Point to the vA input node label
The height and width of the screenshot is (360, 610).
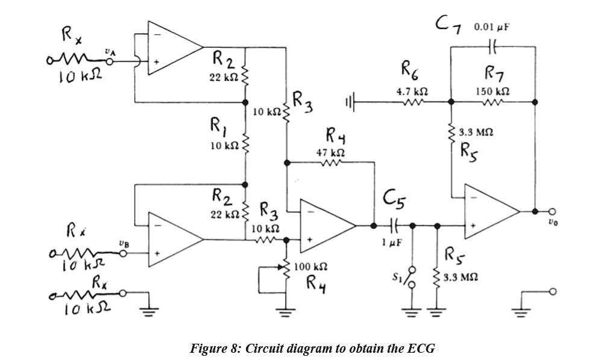tap(108, 53)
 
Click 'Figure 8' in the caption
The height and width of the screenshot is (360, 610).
tap(214, 349)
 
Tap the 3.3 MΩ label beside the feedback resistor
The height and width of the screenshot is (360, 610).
tap(474, 131)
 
